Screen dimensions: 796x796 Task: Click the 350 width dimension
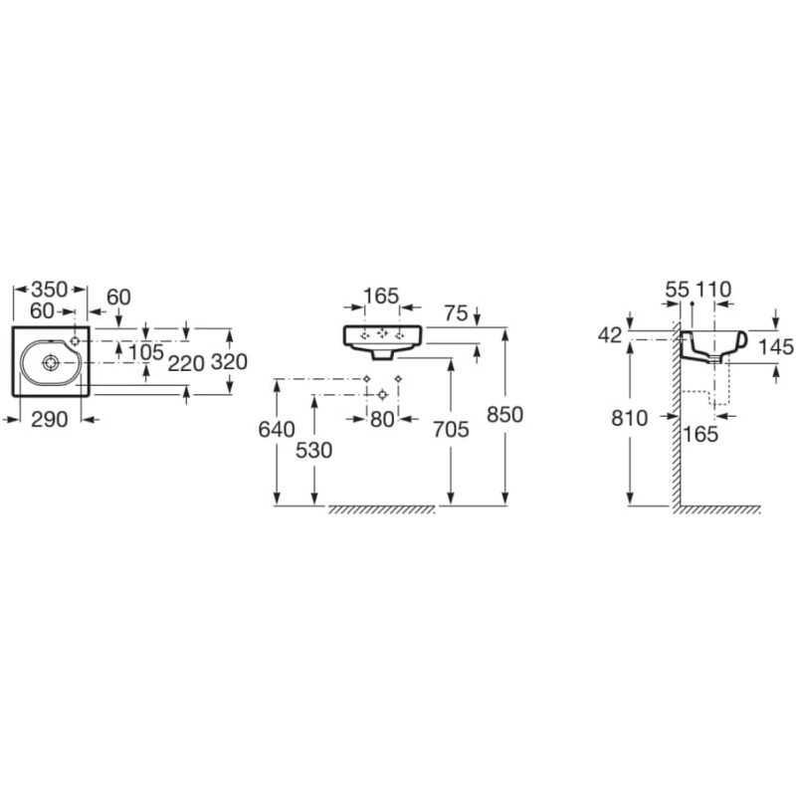tap(49, 290)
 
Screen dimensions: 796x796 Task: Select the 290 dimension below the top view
tap(49, 420)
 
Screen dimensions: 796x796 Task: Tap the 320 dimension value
tap(229, 362)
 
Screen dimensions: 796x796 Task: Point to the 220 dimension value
tap(186, 363)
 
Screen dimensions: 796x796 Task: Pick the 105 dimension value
tap(145, 352)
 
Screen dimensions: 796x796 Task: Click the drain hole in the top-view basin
tap(51, 362)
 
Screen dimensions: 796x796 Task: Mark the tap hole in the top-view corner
tap(76, 340)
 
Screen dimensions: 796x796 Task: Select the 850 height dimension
tap(504, 415)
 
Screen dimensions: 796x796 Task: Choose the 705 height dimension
tap(451, 430)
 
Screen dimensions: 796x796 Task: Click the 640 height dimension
tap(277, 430)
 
